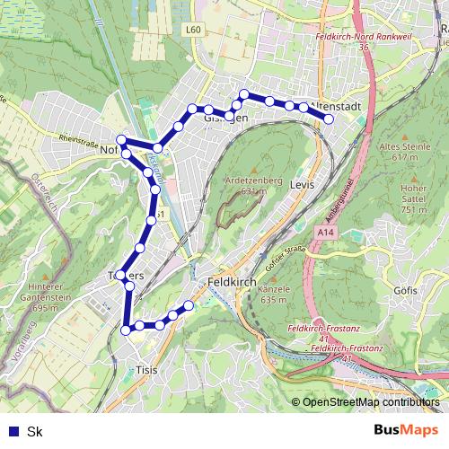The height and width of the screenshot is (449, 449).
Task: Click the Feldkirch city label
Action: tap(233, 281)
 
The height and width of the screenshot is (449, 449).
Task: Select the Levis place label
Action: tap(301, 184)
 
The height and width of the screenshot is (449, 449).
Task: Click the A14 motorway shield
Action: tap(324, 232)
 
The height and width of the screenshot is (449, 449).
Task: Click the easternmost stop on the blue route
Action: tap(329, 119)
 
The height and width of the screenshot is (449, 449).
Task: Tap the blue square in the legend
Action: tap(13, 431)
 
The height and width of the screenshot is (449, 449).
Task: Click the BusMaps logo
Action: tap(406, 430)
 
